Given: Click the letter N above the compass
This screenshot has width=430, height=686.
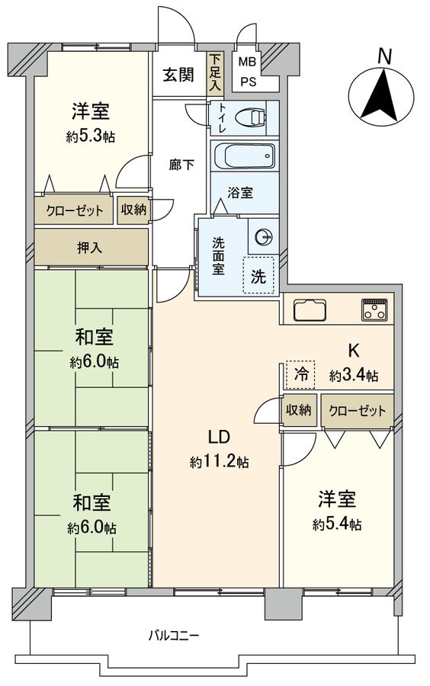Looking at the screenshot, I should pos(385,56).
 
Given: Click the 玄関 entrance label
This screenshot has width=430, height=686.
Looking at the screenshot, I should pos(178,75).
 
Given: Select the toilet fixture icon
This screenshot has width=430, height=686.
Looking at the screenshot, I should pos(248,118).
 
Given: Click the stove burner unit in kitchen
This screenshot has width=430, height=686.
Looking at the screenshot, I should pos(374,309).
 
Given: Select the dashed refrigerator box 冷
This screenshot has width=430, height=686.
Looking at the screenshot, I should pos(301,374).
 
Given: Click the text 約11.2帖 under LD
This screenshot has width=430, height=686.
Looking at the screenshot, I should pos(219,462).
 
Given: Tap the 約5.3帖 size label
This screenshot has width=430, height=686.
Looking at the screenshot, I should pos(89,137).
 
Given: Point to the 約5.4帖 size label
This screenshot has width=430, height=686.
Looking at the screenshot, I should pos(336,524).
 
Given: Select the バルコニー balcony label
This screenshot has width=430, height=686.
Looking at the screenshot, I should pos(173,635).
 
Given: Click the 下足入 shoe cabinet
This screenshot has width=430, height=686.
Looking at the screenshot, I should pos(216,73).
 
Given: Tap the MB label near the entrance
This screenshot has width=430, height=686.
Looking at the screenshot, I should pos(248,62).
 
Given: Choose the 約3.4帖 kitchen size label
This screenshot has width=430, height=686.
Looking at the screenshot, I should pos(354,376).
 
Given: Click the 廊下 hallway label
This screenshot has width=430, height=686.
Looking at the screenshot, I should pos(181,164).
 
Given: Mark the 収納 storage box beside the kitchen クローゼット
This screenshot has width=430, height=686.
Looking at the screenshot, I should pos(299,410).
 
